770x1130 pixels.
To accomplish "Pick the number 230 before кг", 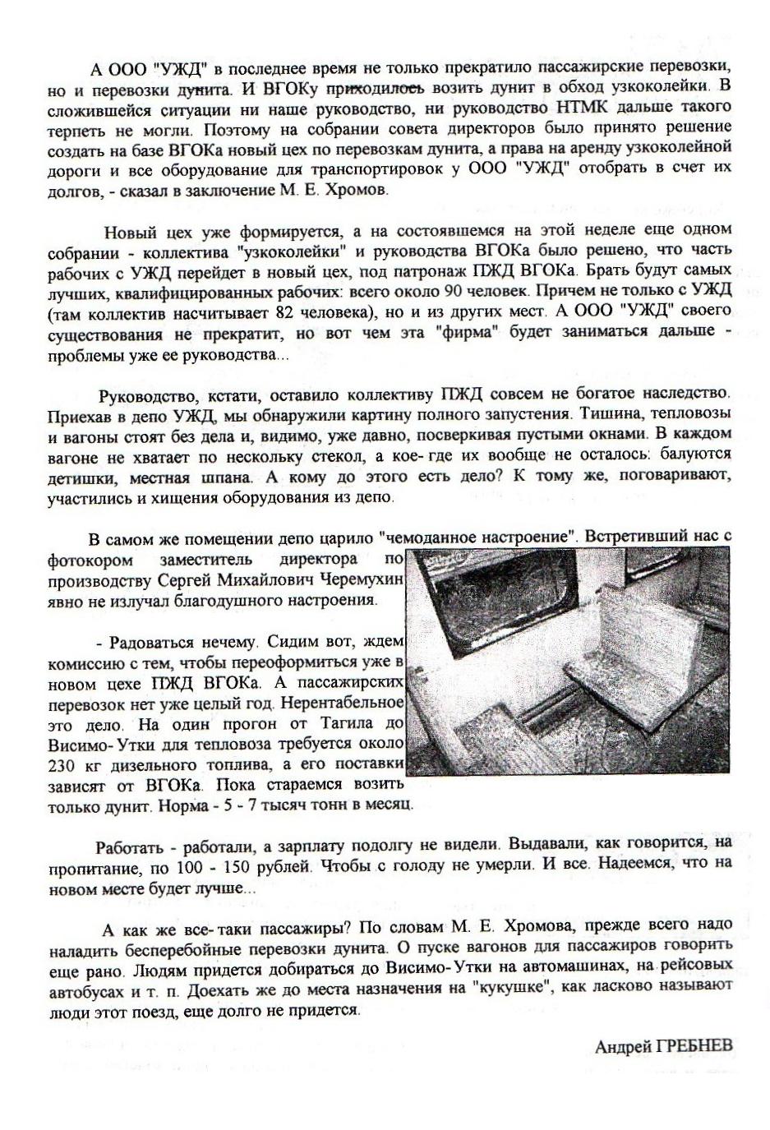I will coord(63,764).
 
